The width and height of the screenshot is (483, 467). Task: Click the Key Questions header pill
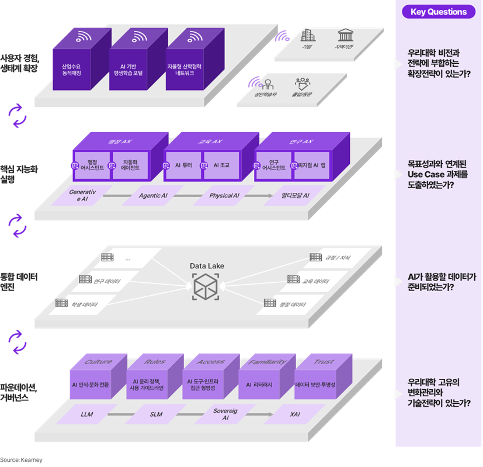pyautogui.click(x=438, y=12)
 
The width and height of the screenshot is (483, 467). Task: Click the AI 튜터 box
pyautogui.click(x=183, y=166)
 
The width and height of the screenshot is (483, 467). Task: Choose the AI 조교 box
pyautogui.click(x=221, y=166)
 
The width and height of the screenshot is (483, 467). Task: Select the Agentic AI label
pyautogui.click(x=153, y=196)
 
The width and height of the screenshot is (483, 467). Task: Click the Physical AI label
pyautogui.click(x=224, y=196)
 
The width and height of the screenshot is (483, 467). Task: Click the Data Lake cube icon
pyautogui.click(x=207, y=286)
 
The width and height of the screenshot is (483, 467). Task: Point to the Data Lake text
pyautogui.click(x=207, y=266)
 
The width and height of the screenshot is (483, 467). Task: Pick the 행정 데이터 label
pyautogui.click(x=292, y=305)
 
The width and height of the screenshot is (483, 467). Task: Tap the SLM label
pyautogui.click(x=156, y=414)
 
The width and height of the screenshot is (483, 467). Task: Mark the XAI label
pyautogui.click(x=295, y=414)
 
